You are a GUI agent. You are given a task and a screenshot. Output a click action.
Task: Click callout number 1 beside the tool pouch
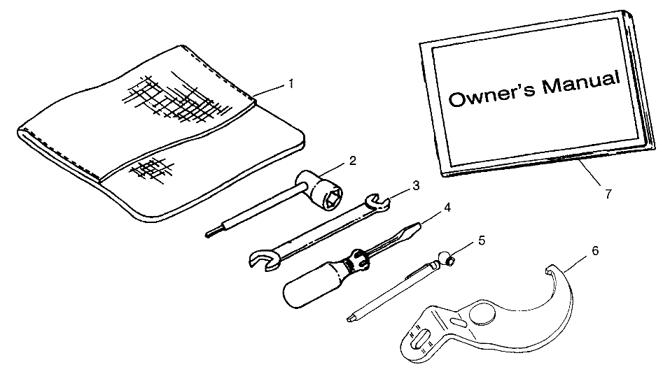click(291, 84)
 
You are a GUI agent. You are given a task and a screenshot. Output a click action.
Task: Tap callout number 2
click(352, 160)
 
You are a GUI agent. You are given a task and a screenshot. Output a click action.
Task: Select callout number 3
click(416, 185)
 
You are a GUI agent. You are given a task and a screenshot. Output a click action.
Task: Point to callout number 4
click(447, 207)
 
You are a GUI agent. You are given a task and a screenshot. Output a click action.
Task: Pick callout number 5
click(482, 240)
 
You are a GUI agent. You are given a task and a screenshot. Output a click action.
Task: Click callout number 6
click(595, 251)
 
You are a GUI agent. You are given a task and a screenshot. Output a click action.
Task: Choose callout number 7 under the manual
click(608, 194)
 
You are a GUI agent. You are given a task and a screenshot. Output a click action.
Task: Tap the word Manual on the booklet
click(581, 82)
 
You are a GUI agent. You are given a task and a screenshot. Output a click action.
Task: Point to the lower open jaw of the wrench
click(264, 259)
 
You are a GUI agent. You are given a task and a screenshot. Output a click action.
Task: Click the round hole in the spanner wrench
click(482, 315)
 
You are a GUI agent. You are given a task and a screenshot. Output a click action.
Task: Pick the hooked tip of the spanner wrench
click(550, 270)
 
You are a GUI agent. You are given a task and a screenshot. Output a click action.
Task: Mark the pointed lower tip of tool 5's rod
click(349, 319)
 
